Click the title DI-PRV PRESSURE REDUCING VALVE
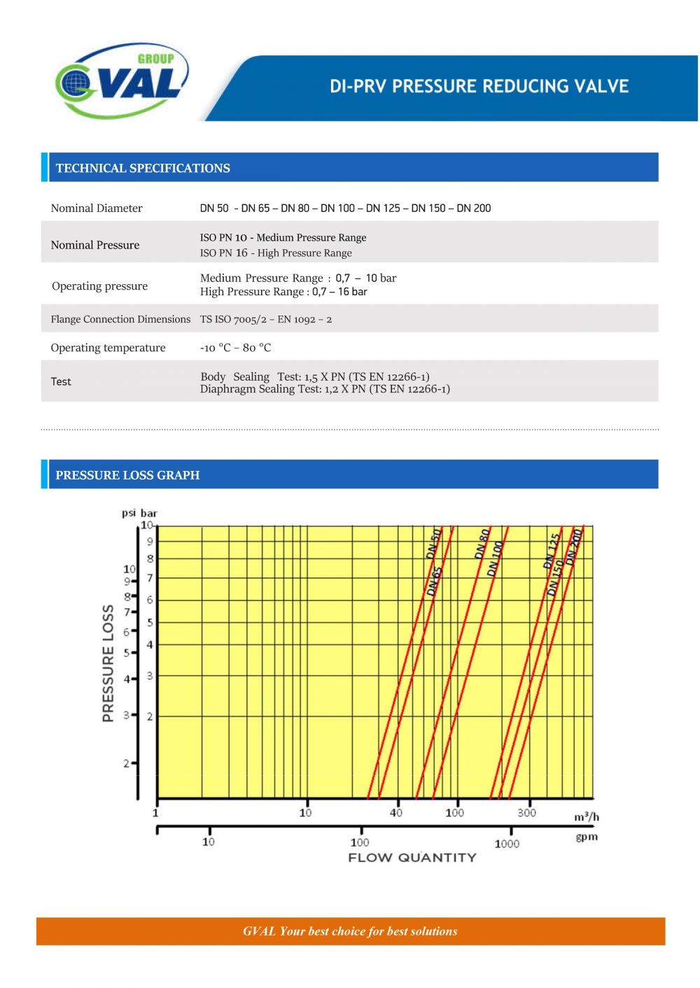tap(479, 86)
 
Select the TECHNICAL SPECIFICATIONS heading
tap(143, 168)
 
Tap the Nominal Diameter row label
tap(97, 208)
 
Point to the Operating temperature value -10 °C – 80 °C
tap(235, 348)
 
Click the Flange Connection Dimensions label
tap(120, 319)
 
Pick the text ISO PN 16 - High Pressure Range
tap(276, 253)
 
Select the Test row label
tap(61, 381)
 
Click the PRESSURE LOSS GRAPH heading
tap(127, 475)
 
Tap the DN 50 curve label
tap(434, 543)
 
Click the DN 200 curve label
tap(575, 546)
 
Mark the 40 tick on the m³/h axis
tap(396, 812)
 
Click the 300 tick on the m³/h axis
tap(526, 812)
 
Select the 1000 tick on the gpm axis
tap(507, 843)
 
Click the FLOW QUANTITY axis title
tap(412, 858)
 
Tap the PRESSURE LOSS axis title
tap(108, 663)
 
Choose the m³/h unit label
tap(587, 817)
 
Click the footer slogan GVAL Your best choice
tap(350, 931)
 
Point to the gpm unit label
tap(587, 837)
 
